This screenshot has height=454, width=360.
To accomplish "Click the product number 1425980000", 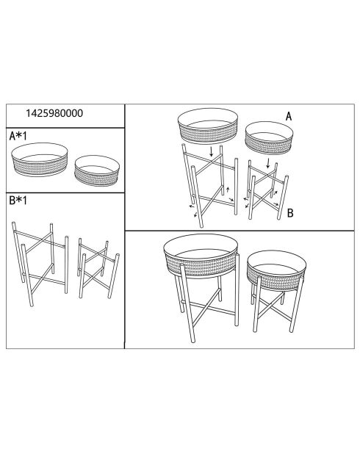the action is coord(54,113).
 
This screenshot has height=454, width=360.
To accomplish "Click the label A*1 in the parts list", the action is coord(18,136).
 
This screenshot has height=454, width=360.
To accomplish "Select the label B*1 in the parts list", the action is coord(18,200).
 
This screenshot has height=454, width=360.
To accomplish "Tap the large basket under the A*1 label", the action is coord(40,159).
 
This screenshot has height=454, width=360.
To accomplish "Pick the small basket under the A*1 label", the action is coord(97,170).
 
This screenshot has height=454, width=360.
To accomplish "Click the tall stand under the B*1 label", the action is coord(40,264).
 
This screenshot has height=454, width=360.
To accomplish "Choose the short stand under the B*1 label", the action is coord(98,268).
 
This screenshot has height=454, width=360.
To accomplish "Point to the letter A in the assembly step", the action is coord(289,117).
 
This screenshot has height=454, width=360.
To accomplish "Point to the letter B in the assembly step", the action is coord(290,213).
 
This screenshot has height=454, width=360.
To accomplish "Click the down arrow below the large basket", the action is coord(212,152).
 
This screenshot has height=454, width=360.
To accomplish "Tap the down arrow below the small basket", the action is coord(268,163).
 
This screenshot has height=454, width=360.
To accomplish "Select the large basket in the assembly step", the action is coord(208,126).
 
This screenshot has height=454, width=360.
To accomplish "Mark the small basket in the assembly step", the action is coord(269,138).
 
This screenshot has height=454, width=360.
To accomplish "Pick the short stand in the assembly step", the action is coord(267,190).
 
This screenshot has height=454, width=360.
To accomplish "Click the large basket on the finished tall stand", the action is coord(201,256).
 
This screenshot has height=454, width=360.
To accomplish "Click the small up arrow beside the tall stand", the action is coord(228,190).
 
